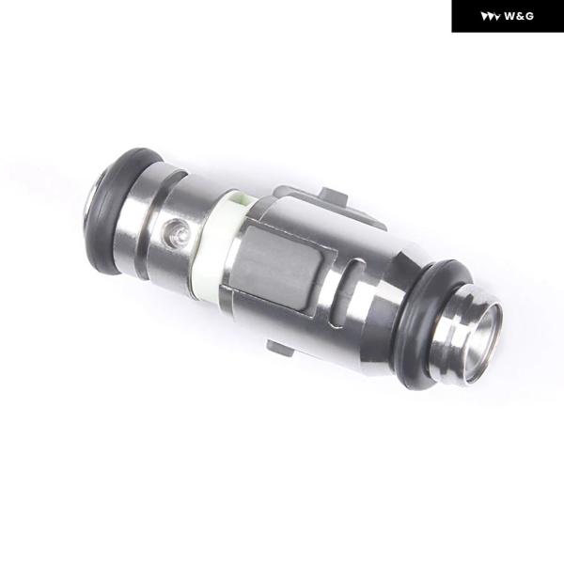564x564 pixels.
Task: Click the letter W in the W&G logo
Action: [509, 16]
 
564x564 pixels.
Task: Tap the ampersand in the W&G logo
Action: [520, 16]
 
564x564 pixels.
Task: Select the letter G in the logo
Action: [529, 16]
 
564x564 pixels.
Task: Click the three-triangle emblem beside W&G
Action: [491, 17]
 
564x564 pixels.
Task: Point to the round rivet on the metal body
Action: [176, 233]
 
